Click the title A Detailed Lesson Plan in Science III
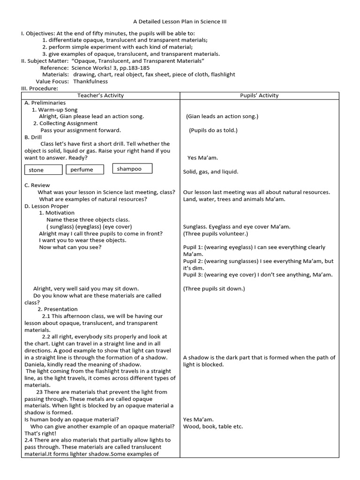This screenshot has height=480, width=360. pos(180,22)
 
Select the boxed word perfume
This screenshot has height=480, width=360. pos(82,170)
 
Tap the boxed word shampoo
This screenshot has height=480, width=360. pos(129,169)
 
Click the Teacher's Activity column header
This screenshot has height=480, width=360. pos(100,96)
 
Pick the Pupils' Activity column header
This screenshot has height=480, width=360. pos(259,96)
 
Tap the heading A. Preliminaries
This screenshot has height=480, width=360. pos(45,103)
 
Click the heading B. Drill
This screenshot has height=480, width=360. pos(33,137)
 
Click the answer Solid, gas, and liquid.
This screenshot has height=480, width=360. pos(210,172)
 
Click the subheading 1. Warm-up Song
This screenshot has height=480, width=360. pos(54,110)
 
